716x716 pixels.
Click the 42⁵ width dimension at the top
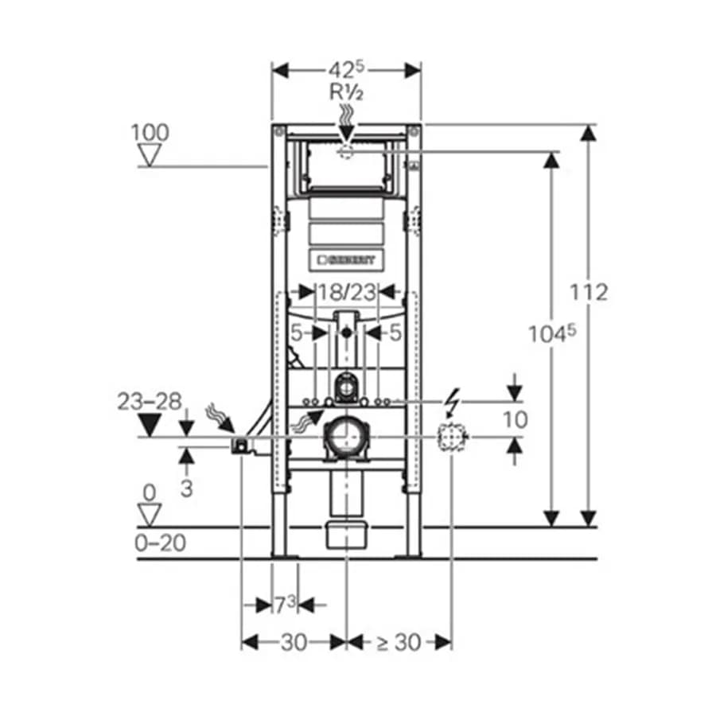[347, 70]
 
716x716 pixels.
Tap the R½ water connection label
[347, 93]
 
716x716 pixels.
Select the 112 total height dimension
[589, 292]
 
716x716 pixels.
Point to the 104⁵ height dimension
[552, 334]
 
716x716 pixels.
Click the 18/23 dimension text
[347, 292]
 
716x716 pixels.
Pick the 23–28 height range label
[150, 402]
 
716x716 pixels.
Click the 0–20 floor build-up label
[160, 543]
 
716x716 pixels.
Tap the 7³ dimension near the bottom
[285, 605]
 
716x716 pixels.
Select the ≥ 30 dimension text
[399, 643]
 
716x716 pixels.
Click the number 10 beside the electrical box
[515, 419]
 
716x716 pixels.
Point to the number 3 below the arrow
[186, 488]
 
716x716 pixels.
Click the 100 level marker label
[150, 133]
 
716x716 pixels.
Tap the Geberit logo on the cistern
[346, 260]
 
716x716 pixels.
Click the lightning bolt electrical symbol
[453, 403]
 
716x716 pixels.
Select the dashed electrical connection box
[452, 437]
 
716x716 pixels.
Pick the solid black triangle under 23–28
[150, 425]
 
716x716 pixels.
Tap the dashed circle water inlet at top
[346, 151]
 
